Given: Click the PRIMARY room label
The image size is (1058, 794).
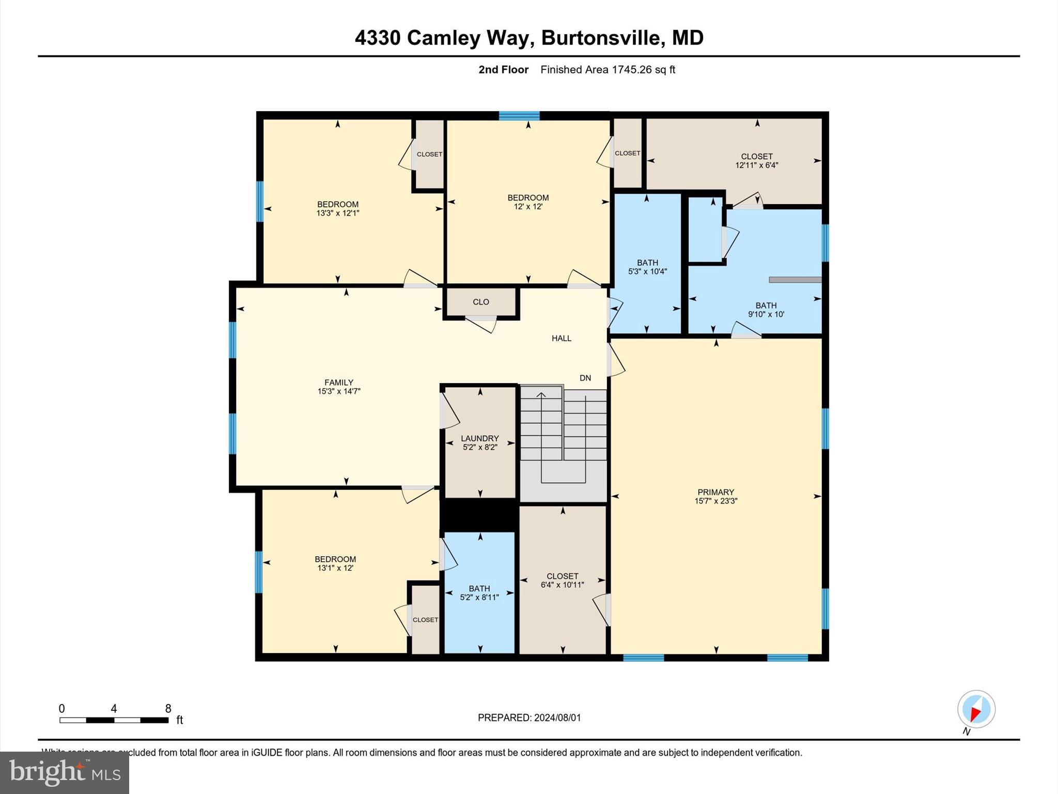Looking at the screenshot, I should point(715,492).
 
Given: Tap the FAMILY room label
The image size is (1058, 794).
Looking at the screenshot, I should point(339,383).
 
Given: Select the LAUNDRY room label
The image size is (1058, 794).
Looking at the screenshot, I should point(480,438).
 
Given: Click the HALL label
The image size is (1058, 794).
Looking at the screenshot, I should point(562,339).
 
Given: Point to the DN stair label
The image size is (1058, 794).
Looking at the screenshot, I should point(585,378).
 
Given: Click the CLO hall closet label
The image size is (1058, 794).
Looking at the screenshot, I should point(480,302).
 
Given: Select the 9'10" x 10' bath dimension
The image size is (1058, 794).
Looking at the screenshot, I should point(766,314).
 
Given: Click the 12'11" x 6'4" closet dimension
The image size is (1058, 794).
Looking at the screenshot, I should point(757,165).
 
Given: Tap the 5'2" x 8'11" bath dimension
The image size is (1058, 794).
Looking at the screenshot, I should point(479,598).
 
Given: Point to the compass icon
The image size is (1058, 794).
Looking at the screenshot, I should point(976,709).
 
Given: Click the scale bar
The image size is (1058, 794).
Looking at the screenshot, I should point(114,720).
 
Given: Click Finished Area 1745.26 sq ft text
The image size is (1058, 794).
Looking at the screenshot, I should point(608,70).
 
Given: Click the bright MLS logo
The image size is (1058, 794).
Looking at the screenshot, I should point(65,772).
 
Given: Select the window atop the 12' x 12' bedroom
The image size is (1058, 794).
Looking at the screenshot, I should point(519,116).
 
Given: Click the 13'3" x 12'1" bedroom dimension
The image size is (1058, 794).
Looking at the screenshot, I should point(338,213).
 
